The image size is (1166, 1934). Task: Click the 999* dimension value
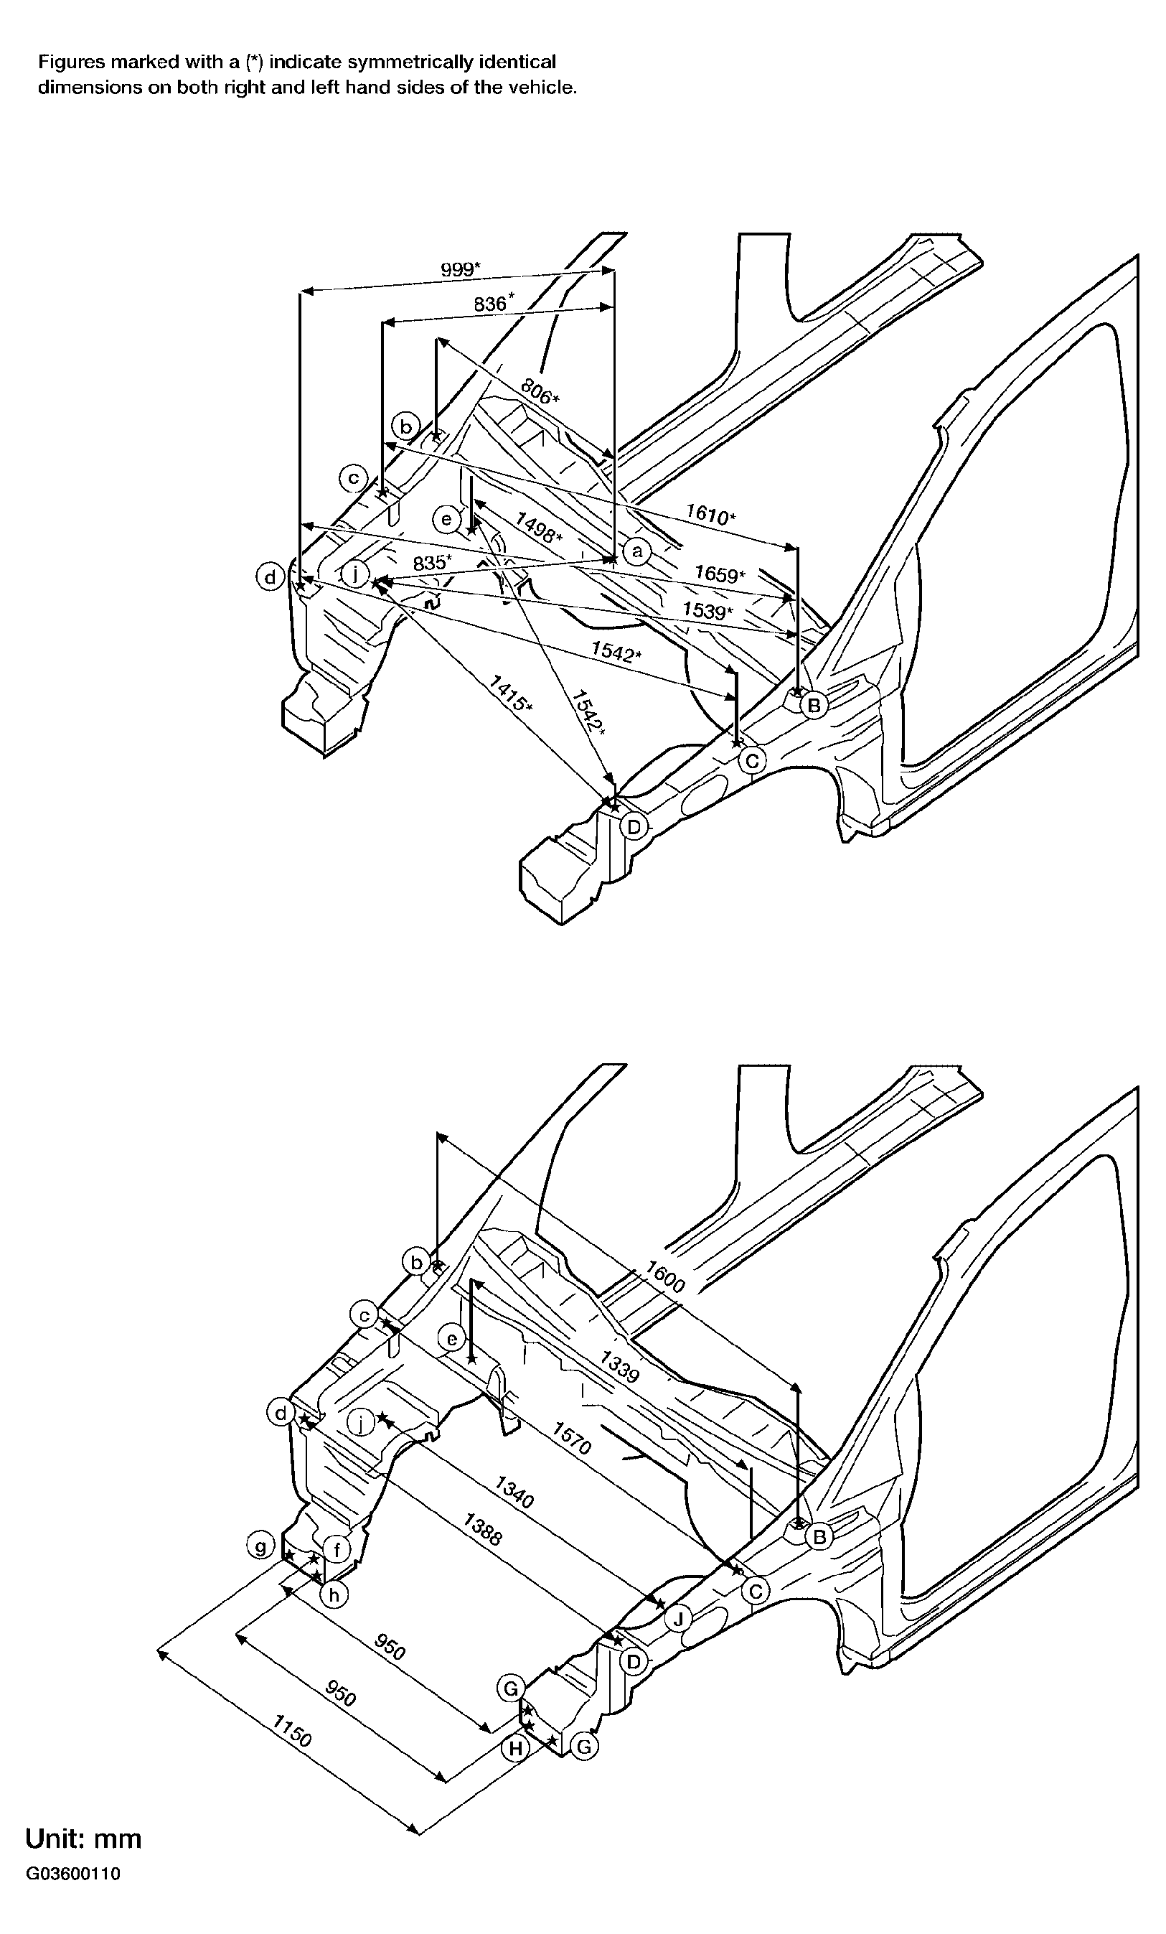click(461, 270)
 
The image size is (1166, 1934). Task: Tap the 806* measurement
click(540, 391)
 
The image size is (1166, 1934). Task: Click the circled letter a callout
click(637, 551)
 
